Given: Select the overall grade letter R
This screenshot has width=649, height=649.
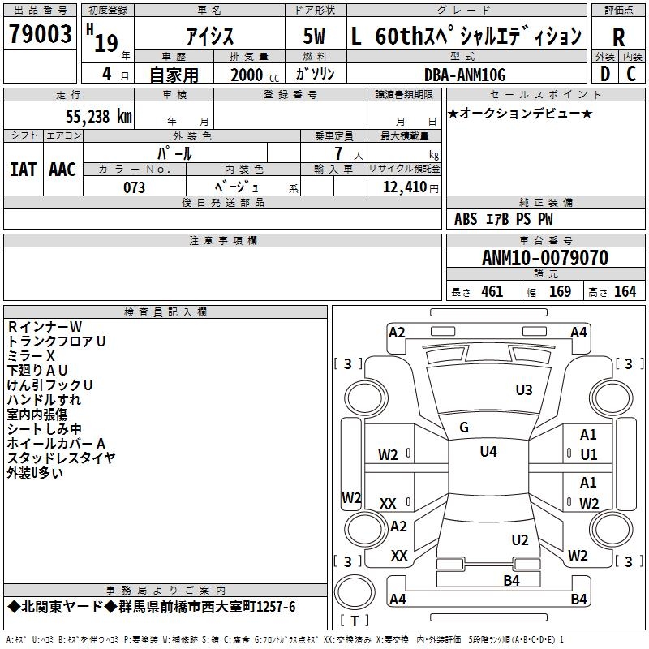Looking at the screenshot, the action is [x=618, y=38].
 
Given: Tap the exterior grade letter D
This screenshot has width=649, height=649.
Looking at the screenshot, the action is [x=604, y=73].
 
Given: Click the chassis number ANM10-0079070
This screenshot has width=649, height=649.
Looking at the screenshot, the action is [x=544, y=259].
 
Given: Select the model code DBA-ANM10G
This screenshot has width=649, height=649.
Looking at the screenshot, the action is [x=465, y=75].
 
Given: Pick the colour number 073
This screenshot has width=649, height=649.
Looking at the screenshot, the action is [x=134, y=187].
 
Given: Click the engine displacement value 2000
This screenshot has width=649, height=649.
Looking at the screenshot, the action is [x=247, y=75].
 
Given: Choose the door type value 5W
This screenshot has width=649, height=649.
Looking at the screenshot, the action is [x=314, y=37].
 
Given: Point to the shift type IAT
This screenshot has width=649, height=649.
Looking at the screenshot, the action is [x=23, y=170].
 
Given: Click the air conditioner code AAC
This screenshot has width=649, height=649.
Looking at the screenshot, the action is [x=62, y=170].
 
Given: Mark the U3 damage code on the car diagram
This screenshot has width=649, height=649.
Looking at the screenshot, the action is [x=524, y=390].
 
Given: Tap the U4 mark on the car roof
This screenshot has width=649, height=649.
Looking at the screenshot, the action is [x=488, y=452].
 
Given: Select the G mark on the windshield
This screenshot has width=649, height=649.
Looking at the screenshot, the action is [x=464, y=428].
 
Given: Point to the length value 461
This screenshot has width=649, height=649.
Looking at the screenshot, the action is [x=492, y=292].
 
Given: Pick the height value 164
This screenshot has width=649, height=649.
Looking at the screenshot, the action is [x=625, y=292].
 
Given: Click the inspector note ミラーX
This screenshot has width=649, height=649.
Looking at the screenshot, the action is [x=31, y=356].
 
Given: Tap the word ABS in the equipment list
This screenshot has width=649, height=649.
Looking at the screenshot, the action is [x=466, y=219].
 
